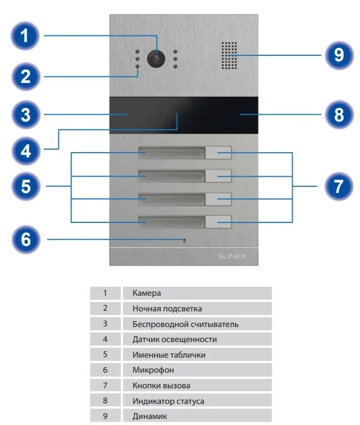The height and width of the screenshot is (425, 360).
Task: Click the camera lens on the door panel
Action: pos(156,58)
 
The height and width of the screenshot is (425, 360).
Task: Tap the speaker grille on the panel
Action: pos(230,55)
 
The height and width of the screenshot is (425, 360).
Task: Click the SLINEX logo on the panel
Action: pos(232,256)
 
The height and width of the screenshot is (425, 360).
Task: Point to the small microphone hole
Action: pos(185,240)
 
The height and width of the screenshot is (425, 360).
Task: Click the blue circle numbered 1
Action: pos(25,36)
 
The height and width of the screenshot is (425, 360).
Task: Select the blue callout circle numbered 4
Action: pos(26,151)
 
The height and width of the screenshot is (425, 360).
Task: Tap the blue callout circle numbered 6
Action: pos(26,240)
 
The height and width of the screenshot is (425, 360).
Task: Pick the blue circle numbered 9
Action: pos(340,55)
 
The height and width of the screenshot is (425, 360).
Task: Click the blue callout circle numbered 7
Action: pos(339,186)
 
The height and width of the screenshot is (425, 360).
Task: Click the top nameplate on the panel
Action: pos(171,153)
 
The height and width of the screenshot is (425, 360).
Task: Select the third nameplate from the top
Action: pos(171,199)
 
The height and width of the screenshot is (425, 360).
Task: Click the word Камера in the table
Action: pos(147,293)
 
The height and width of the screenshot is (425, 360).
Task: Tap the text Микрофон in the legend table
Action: pos(153,370)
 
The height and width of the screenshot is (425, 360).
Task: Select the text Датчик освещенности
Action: pos(174,340)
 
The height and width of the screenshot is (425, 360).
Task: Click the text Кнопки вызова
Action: pos(161,385)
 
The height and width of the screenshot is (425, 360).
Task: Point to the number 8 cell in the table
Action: pos(105,400)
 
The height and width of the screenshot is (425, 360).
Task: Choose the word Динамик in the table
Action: pos(150,416)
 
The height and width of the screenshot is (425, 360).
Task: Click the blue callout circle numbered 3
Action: pos(26,114)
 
